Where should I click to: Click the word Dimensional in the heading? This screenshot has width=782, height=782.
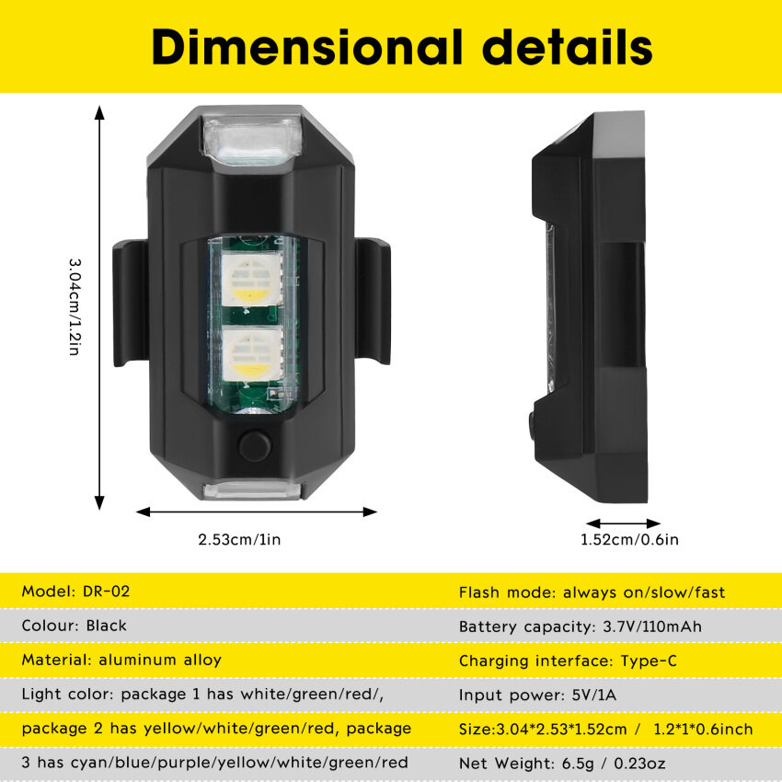pyautogui.click(x=307, y=47)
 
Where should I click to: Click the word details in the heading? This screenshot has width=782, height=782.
pyautogui.click(x=568, y=47)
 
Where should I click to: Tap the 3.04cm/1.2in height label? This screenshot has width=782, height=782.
pyautogui.click(x=75, y=306)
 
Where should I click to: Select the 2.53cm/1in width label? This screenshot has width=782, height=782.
pyautogui.click(x=239, y=539)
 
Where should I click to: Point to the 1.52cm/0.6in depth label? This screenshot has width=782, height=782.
pyautogui.click(x=629, y=539)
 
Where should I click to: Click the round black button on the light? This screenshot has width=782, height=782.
pyautogui.click(x=255, y=445)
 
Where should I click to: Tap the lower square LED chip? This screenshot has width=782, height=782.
pyautogui.click(x=252, y=354)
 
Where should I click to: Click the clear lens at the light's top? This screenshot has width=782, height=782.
pyautogui.click(x=252, y=139)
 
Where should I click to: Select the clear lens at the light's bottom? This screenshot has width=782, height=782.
pyautogui.click(x=253, y=490)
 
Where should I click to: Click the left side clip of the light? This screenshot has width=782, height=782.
pyautogui.click(x=131, y=303)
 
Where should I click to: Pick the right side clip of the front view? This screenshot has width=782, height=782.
pyautogui.click(x=373, y=301)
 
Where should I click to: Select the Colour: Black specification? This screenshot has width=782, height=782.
pyautogui.click(x=74, y=626)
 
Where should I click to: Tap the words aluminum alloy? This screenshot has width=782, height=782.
pyautogui.click(x=160, y=660)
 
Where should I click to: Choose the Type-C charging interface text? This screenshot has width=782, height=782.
pyautogui.click(x=649, y=661)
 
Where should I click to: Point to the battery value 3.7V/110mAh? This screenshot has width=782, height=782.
pyautogui.click(x=652, y=627)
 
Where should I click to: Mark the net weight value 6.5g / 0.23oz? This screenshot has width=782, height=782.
pyautogui.click(x=614, y=763)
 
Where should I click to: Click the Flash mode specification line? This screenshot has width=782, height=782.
pyautogui.click(x=592, y=592)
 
